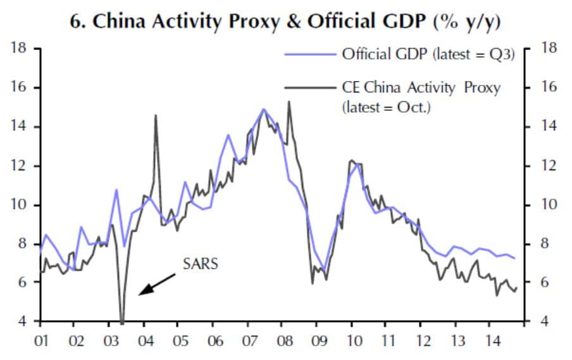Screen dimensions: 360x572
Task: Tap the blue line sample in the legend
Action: [x=311, y=54]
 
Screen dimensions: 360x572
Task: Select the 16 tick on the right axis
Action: [x=547, y=87]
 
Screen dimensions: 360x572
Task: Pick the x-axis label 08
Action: [x=285, y=342]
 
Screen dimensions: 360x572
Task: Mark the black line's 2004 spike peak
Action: [x=156, y=115]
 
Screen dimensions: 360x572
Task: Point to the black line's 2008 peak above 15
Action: [x=289, y=101]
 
